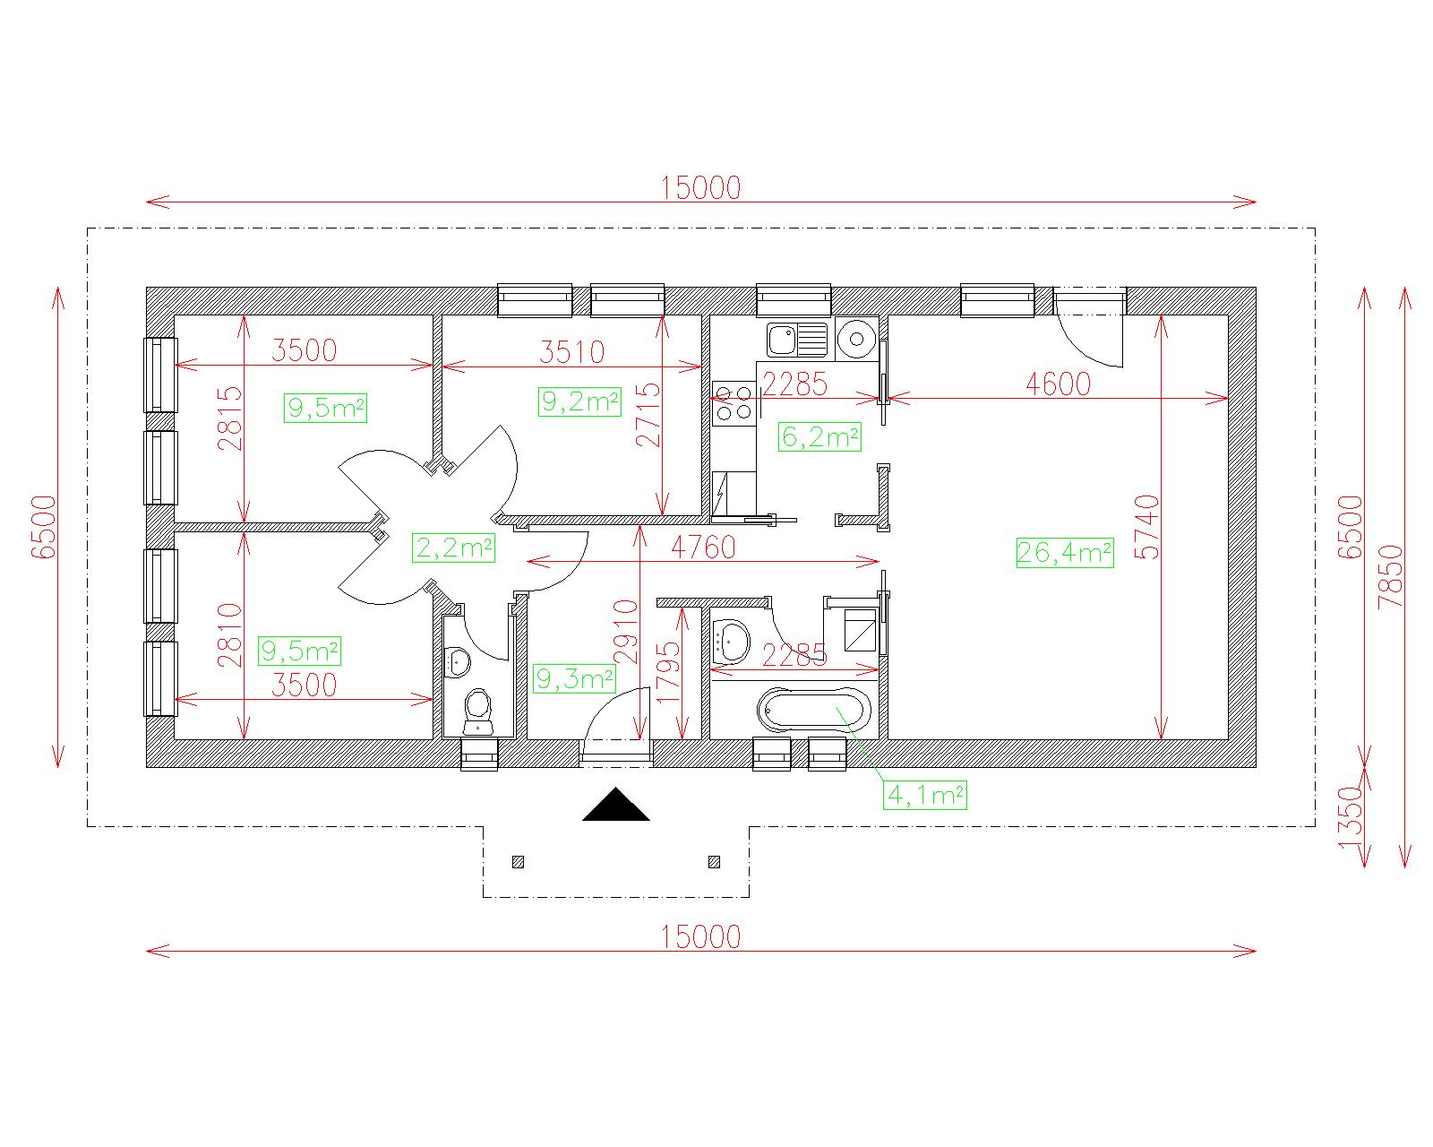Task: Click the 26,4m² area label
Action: pyautogui.click(x=1064, y=553)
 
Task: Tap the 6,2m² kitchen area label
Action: pyautogui.click(x=819, y=436)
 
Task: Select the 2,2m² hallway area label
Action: pyautogui.click(x=453, y=548)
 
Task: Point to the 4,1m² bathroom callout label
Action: pyautogui.click(x=925, y=795)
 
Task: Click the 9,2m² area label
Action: pyautogui.click(x=579, y=401)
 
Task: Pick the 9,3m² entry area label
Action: pyautogui.click(x=574, y=679)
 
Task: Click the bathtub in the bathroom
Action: pyautogui.click(x=814, y=709)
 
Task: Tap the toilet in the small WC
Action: pyautogui.click(x=478, y=712)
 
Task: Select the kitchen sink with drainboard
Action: pyautogui.click(x=797, y=340)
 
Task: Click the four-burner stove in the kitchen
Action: pyautogui.click(x=734, y=403)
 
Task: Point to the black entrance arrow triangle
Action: pyautogui.click(x=616, y=804)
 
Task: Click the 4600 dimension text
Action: pyautogui.click(x=1058, y=384)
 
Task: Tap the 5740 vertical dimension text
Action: pyautogui.click(x=1150, y=527)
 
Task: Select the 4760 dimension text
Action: pyautogui.click(x=703, y=548)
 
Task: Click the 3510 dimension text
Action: pyautogui.click(x=572, y=352)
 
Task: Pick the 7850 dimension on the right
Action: pyautogui.click(x=1391, y=576)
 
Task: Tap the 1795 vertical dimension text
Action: pyautogui.click(x=668, y=672)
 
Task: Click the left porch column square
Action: pyautogui.click(x=518, y=862)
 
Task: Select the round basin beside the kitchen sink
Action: pyautogui.click(x=856, y=340)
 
